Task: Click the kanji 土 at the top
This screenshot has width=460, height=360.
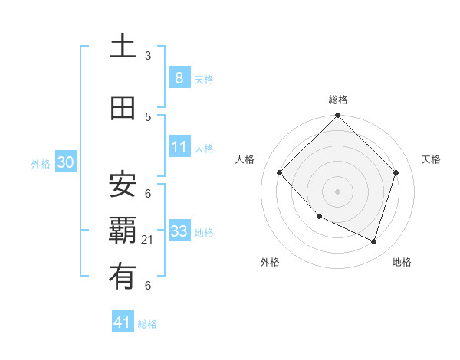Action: tap(123, 48)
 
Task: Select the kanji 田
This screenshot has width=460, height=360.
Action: tap(123, 109)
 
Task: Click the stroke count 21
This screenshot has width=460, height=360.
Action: tap(148, 240)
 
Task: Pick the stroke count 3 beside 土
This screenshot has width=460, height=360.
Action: tap(148, 56)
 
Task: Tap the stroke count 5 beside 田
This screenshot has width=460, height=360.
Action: tap(148, 116)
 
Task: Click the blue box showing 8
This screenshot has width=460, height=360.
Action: tap(179, 77)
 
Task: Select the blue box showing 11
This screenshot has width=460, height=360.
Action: tap(179, 146)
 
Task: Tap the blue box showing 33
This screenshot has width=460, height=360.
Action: tap(179, 231)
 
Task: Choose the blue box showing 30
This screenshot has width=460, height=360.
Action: tap(65, 162)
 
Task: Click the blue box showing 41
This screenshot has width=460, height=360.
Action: tap(123, 322)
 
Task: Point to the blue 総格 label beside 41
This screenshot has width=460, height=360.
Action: tap(147, 324)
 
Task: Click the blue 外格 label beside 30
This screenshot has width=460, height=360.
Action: tap(41, 163)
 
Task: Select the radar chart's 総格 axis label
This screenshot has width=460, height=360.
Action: tap(337, 100)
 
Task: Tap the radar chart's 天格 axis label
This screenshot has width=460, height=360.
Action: tap(431, 159)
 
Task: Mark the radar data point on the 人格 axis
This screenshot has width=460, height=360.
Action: tap(280, 173)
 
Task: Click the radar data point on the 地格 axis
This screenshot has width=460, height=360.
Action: tap(373, 241)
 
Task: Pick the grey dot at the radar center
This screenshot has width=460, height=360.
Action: tap(337, 191)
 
